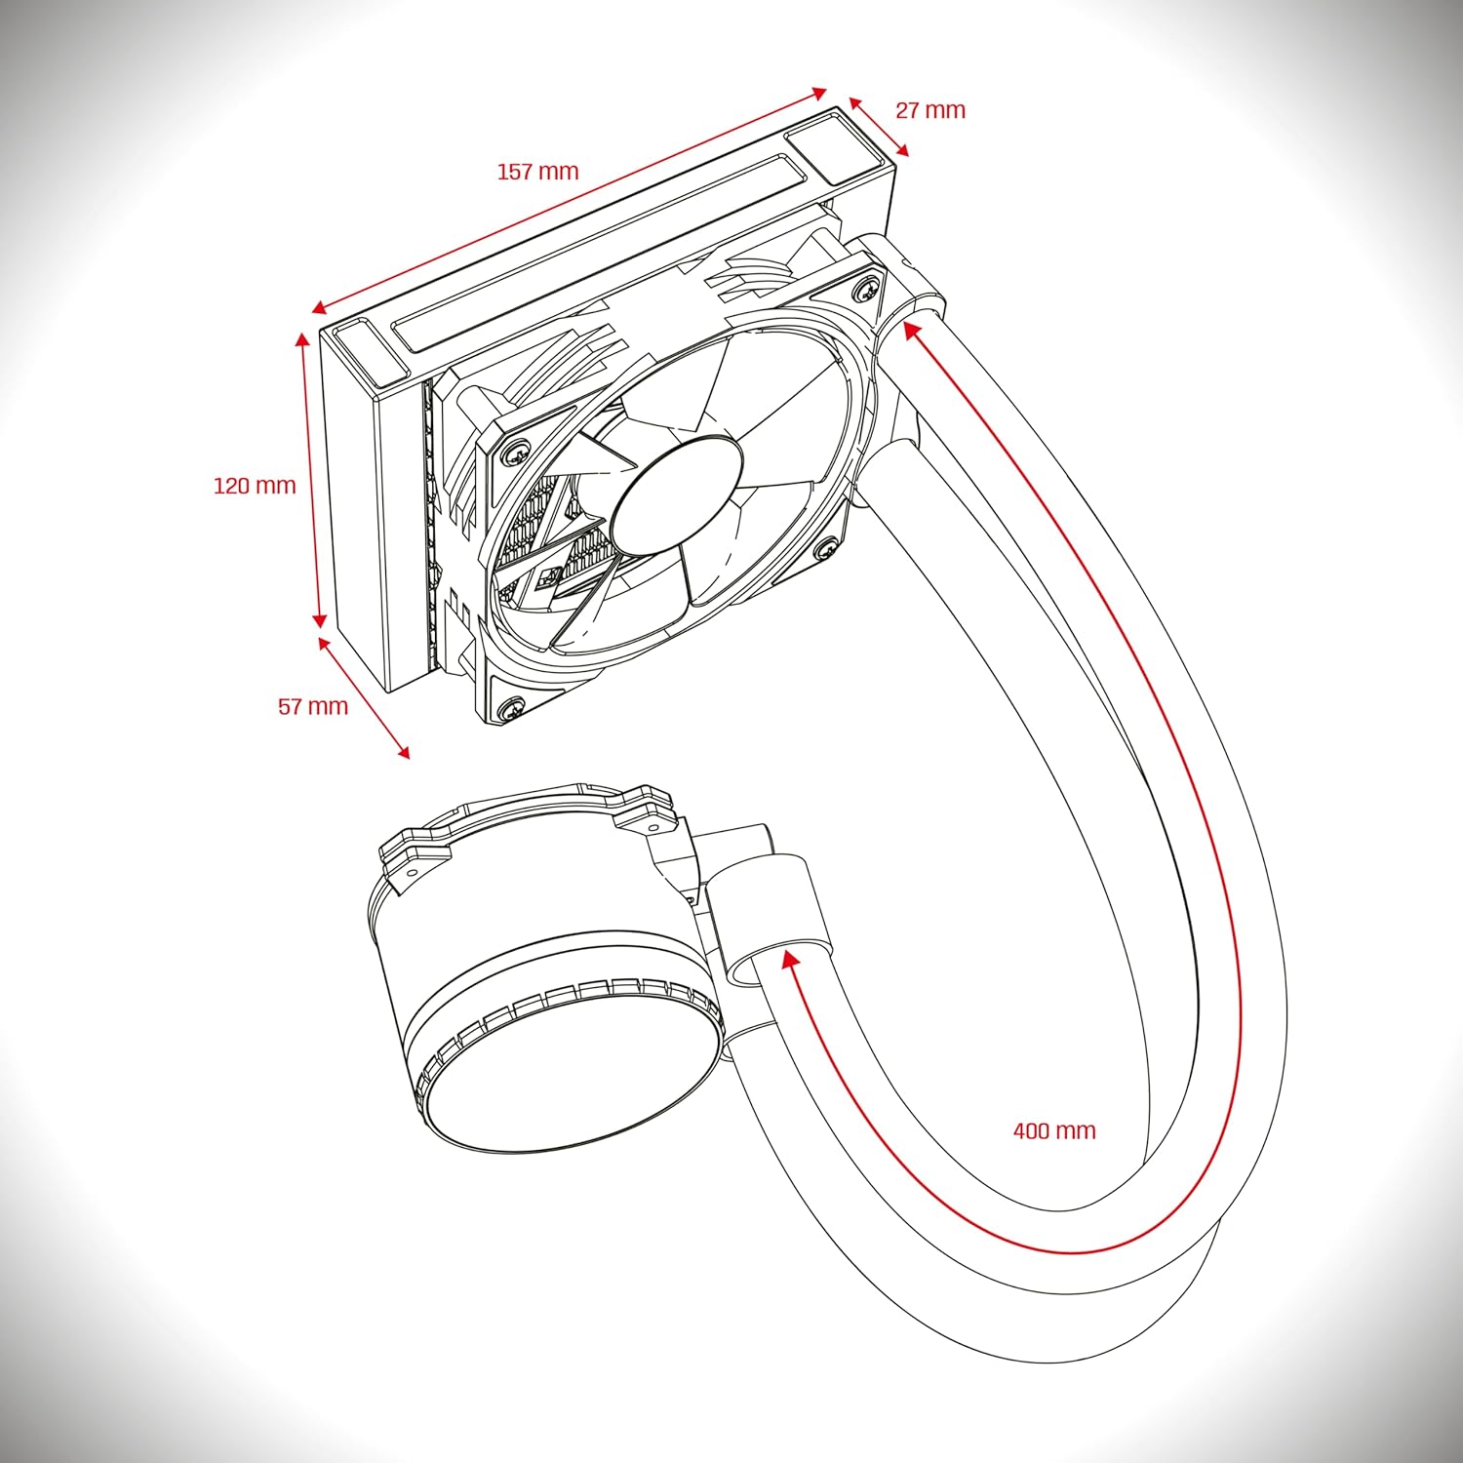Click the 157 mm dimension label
(x=537, y=172)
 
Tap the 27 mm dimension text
(x=930, y=110)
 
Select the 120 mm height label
(x=255, y=485)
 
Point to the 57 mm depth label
(x=313, y=706)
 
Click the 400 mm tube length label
(x=1054, y=1130)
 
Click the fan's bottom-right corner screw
(x=826, y=548)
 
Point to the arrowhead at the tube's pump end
(x=791, y=961)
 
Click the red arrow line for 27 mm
(x=879, y=127)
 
